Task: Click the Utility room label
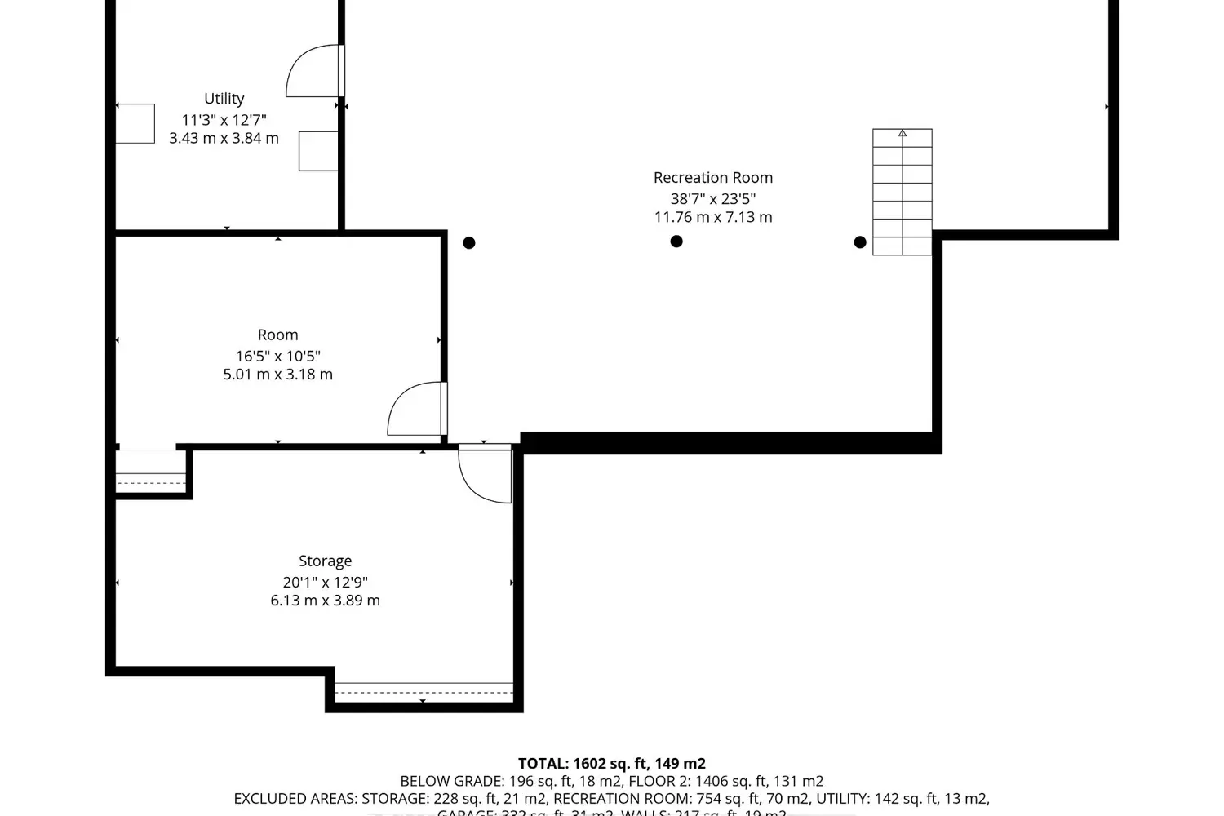click(224, 99)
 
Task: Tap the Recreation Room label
click(712, 178)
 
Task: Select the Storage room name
click(325, 561)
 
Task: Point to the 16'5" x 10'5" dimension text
click(277, 356)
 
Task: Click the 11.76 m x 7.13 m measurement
click(712, 217)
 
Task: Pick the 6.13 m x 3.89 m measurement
click(325, 601)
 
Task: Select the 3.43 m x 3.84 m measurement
click(224, 139)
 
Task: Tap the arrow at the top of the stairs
click(902, 133)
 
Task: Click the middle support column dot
click(676, 242)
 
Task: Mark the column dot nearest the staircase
click(860, 242)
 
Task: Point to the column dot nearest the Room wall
click(469, 243)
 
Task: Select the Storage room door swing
click(486, 473)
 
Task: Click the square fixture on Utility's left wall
click(135, 124)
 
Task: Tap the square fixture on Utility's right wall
click(318, 152)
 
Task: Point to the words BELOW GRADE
click(450, 782)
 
